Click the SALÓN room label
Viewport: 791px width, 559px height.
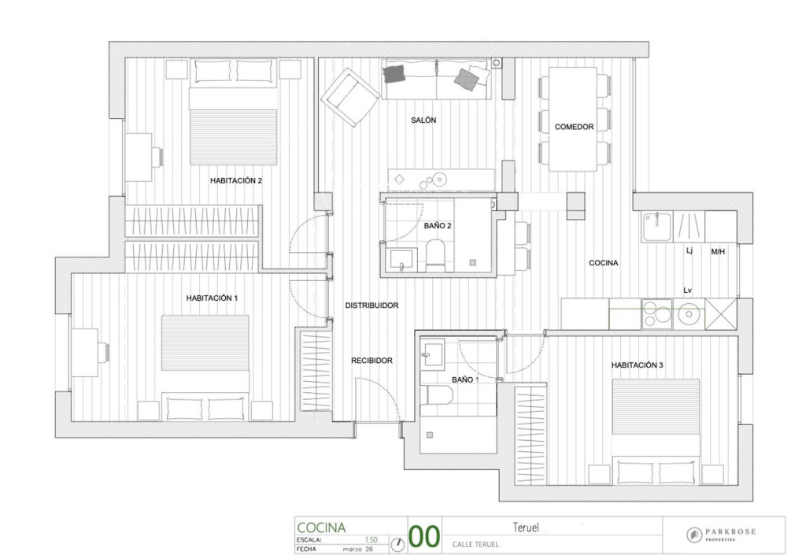[x=423, y=120]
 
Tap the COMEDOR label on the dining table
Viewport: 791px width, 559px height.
[x=574, y=127]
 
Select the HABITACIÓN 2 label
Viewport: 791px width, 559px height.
[x=236, y=180]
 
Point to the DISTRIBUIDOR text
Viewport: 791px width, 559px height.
[x=371, y=305]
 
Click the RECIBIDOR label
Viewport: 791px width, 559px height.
[x=371, y=361]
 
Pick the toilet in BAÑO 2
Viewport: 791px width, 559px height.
[x=434, y=255]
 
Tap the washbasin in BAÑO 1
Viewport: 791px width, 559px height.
[x=432, y=352]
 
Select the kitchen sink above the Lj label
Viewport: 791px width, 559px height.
[x=657, y=227]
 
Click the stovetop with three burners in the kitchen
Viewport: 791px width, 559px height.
[x=656, y=314]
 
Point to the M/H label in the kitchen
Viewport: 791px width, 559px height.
[x=718, y=251]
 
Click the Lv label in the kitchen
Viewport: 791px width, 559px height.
[x=687, y=291]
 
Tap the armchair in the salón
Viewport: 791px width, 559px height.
[x=350, y=98]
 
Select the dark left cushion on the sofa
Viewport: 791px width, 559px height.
[x=394, y=74]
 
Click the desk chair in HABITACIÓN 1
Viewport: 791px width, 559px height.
[x=105, y=352]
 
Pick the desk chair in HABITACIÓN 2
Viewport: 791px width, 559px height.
[x=158, y=157]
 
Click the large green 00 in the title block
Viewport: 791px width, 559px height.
[x=423, y=536]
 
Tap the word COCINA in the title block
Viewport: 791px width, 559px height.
[x=321, y=528]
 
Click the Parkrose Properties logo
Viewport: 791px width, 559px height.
[x=722, y=535]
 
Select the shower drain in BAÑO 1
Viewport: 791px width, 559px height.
[x=430, y=435]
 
